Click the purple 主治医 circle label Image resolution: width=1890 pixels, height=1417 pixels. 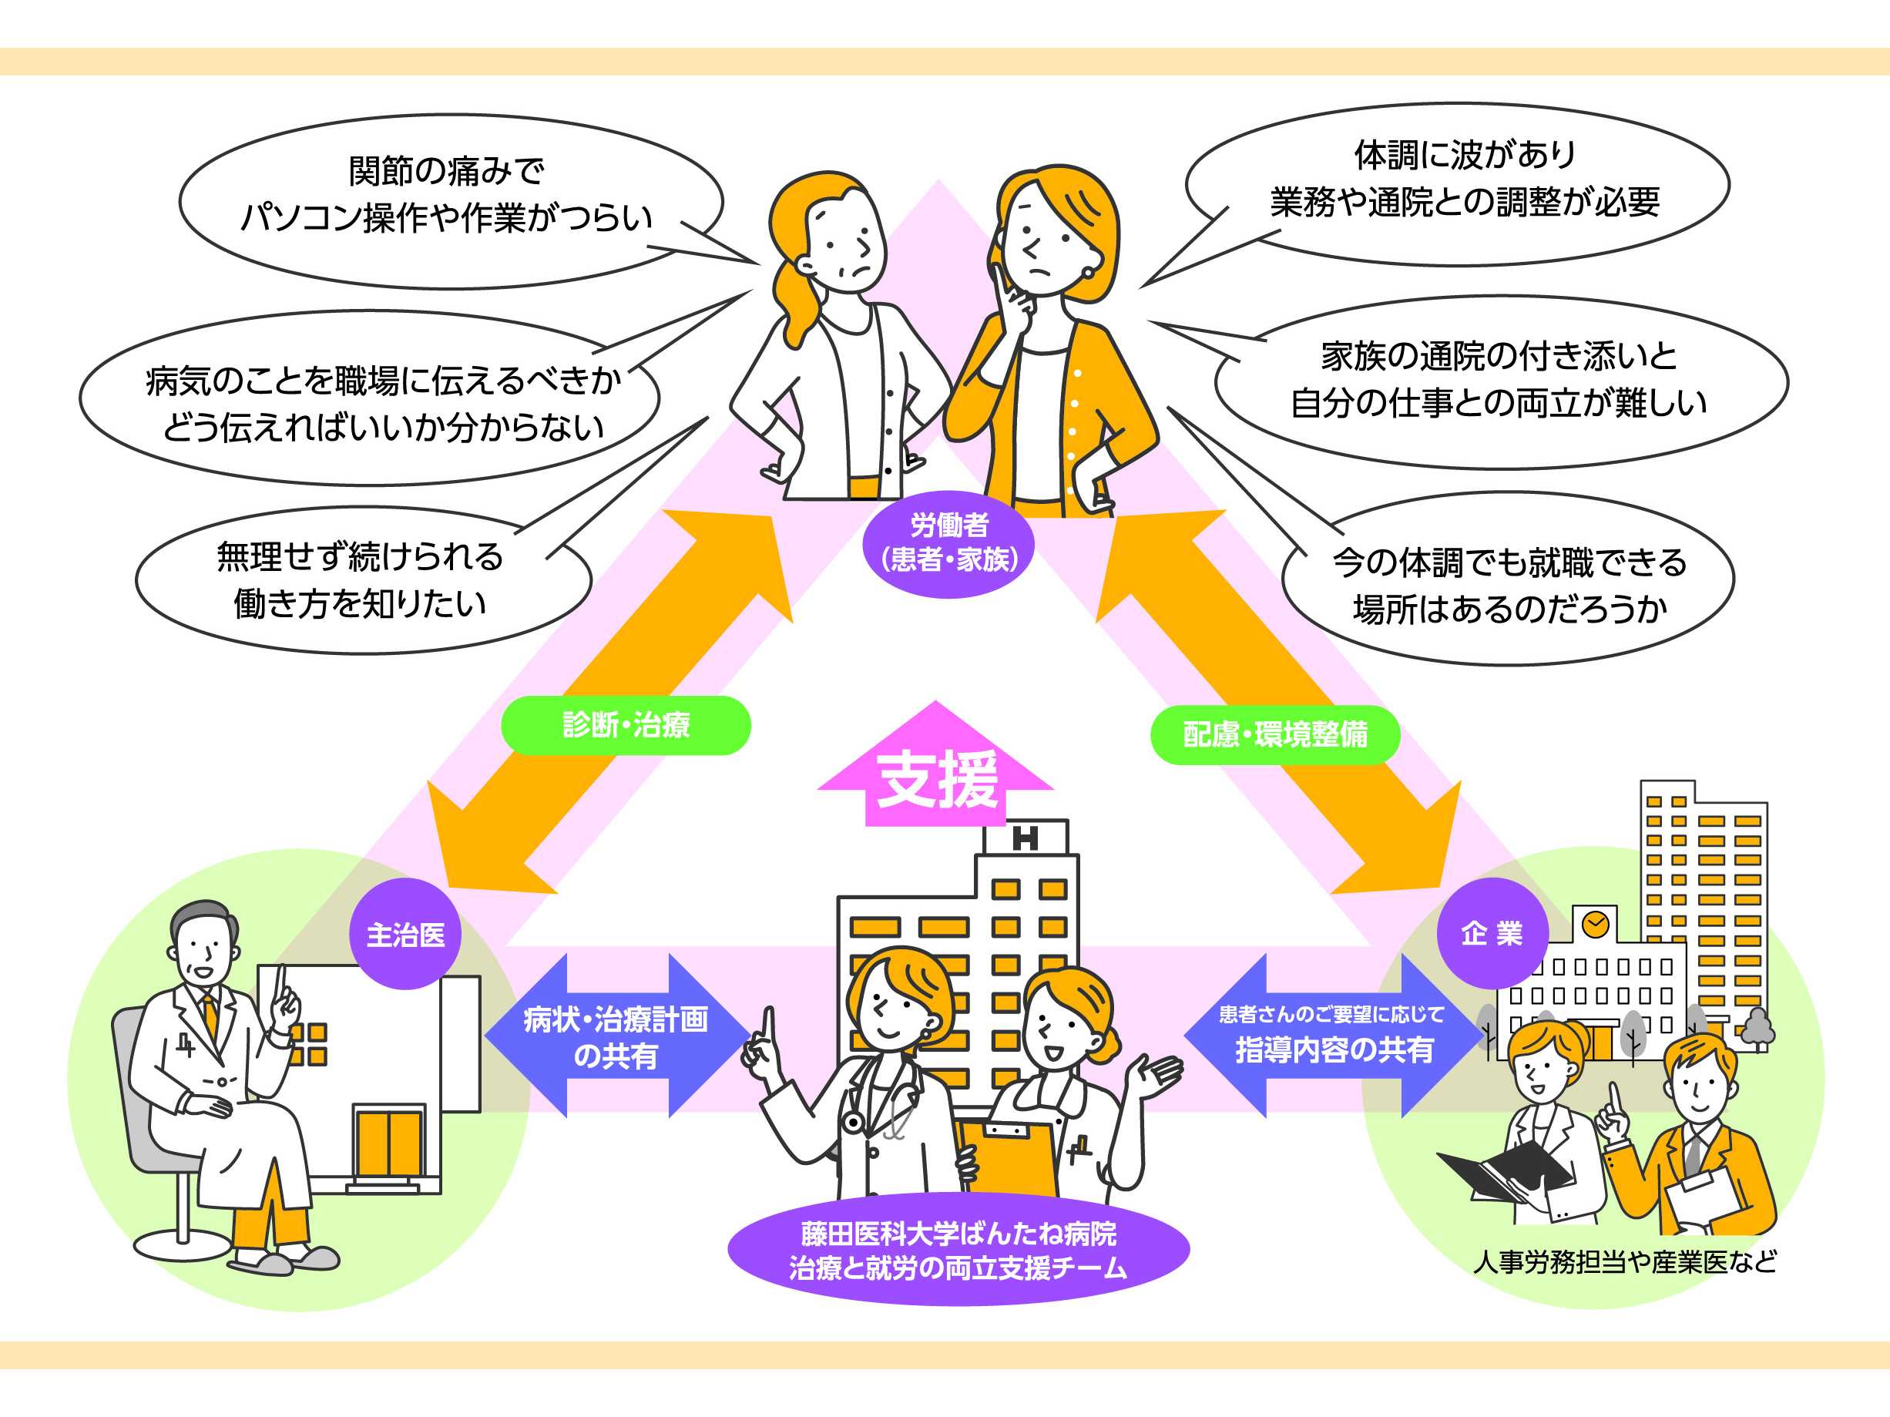point(406,934)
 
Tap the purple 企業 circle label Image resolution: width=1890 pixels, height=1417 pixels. point(1492,932)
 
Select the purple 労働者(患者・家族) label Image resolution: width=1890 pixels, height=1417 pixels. point(949,542)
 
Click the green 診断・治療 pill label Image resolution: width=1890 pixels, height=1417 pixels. point(626,725)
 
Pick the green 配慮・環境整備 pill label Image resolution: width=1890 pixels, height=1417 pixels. point(1275,734)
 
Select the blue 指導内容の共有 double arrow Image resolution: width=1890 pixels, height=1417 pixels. point(1333,1036)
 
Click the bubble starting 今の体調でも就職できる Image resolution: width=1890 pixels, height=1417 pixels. point(1509,586)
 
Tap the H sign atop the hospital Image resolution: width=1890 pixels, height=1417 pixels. point(1026,838)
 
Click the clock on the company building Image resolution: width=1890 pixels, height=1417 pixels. point(1595,924)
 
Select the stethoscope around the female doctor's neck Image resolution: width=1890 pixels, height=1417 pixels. point(888,1103)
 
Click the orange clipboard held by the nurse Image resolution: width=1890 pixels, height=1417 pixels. point(1009,1153)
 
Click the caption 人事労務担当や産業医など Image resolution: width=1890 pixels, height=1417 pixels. point(1624,1261)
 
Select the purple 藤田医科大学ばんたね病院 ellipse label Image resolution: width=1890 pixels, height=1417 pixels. point(958,1251)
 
